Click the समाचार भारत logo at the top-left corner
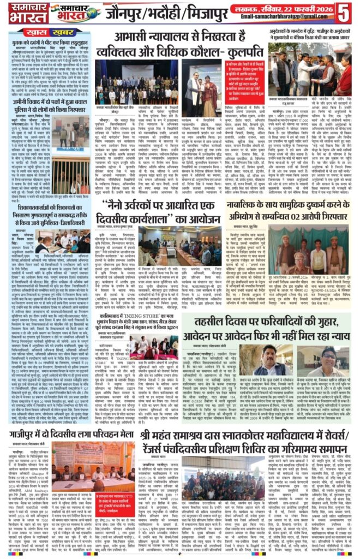(x=22, y=12)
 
